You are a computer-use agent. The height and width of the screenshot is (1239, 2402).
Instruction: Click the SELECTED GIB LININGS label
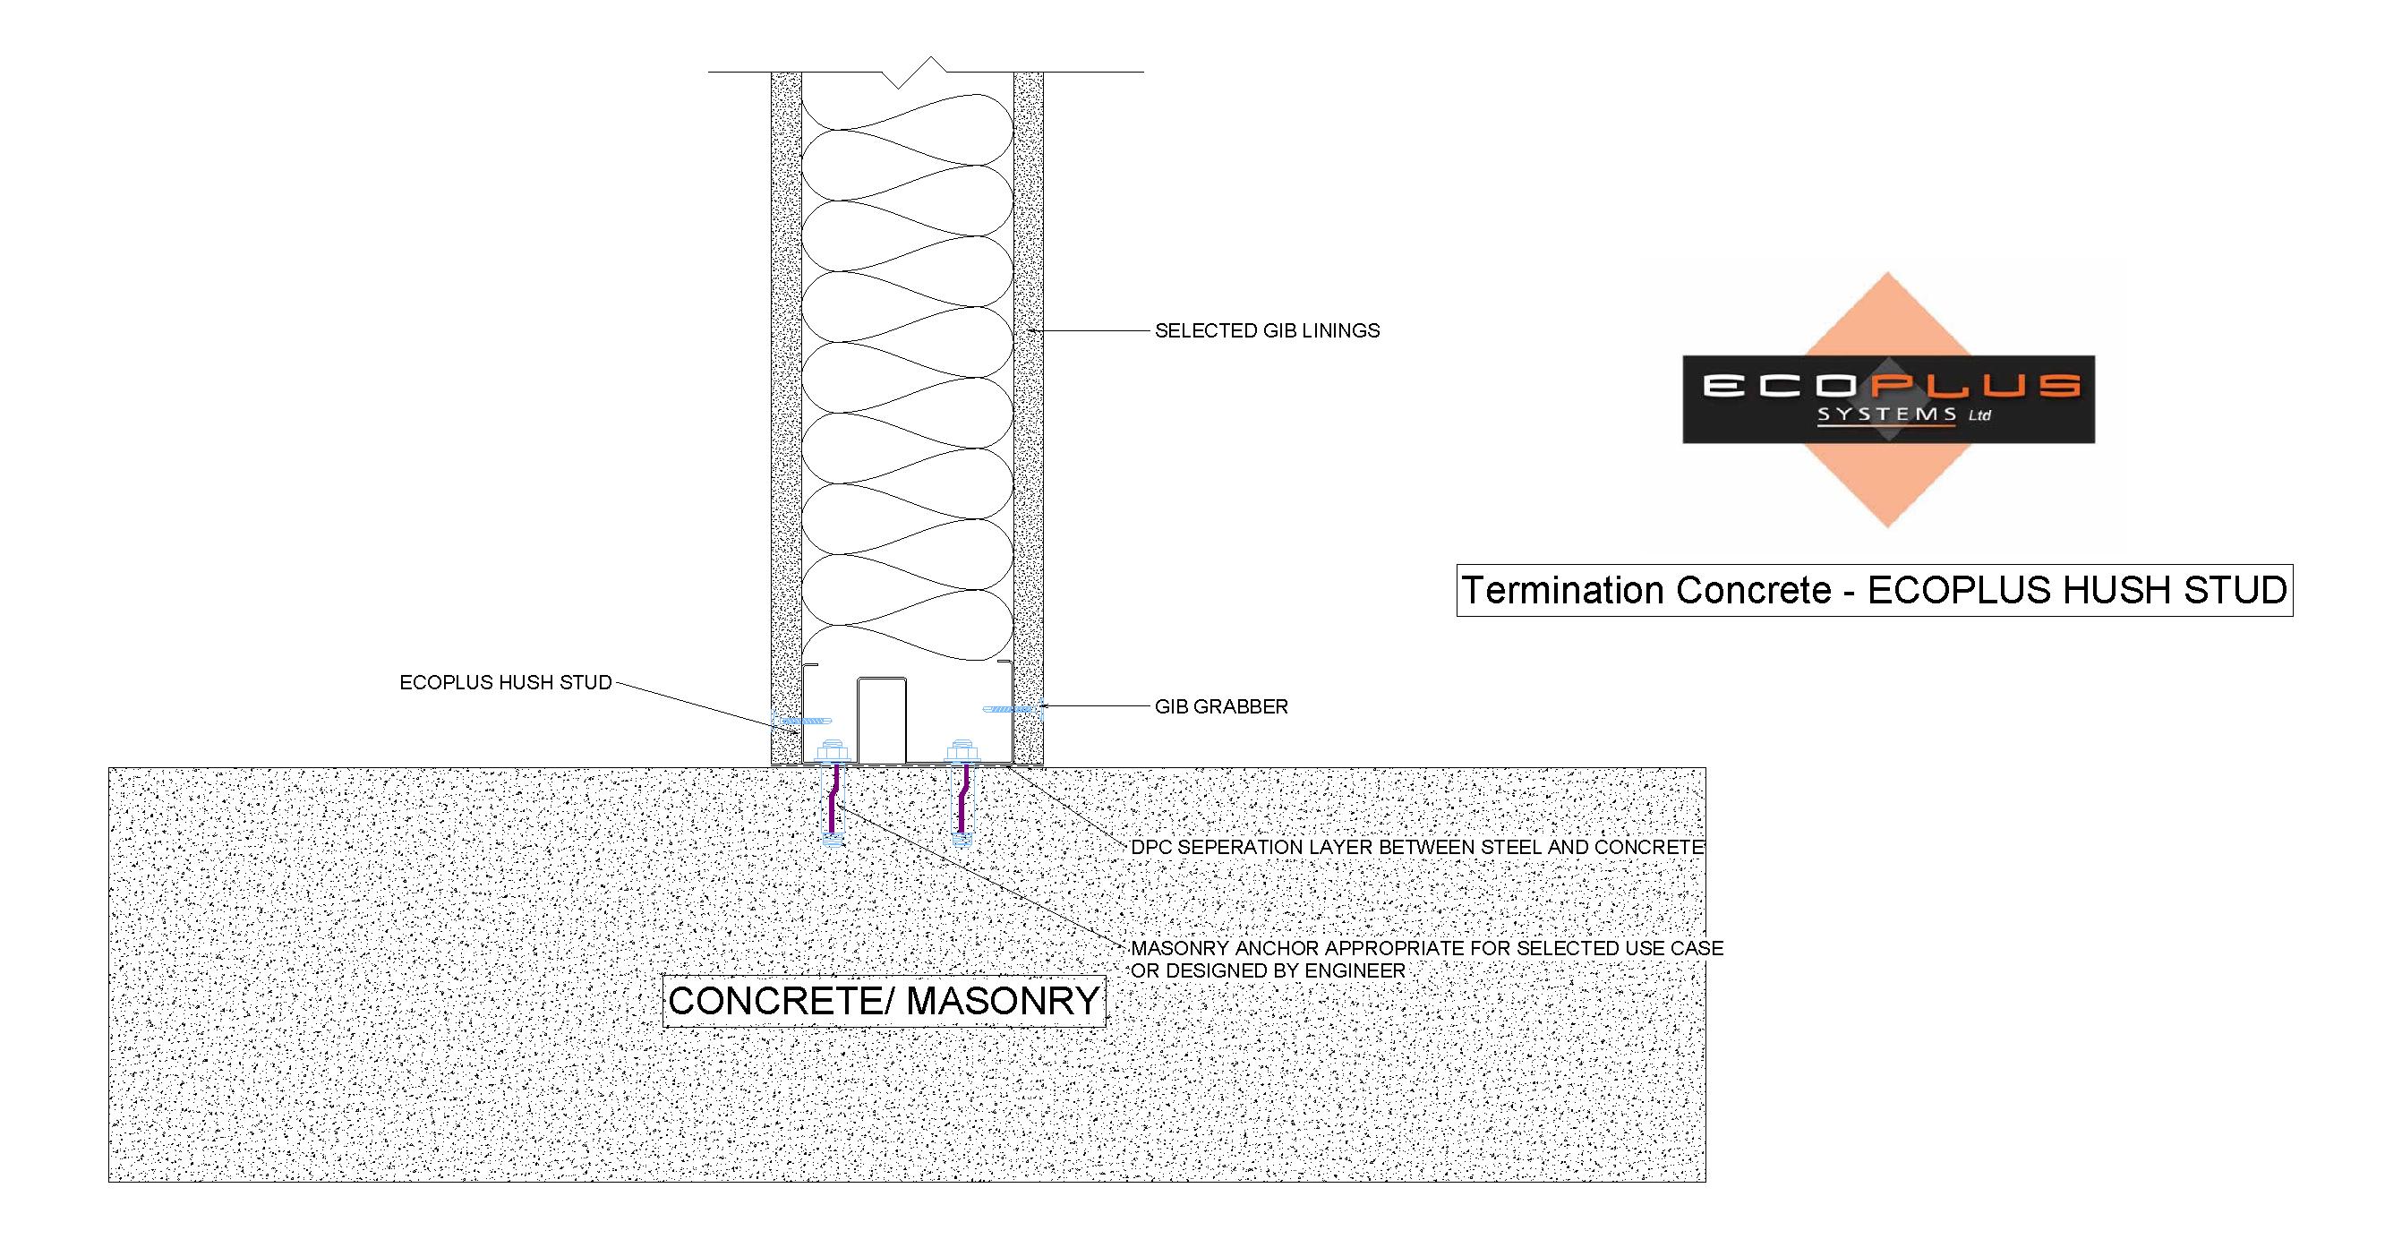click(x=1267, y=331)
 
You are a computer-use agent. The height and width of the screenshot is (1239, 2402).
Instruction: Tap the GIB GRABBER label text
click(x=1221, y=706)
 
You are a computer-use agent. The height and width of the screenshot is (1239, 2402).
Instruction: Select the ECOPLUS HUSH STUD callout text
click(x=506, y=682)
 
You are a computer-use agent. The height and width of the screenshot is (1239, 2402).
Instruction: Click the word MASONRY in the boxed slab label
click(x=1004, y=1001)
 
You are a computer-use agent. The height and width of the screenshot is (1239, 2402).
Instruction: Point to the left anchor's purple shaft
click(x=833, y=798)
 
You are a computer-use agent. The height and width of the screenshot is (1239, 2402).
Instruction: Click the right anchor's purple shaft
click(x=962, y=798)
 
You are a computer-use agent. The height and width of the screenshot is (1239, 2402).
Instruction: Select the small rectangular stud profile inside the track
click(x=881, y=720)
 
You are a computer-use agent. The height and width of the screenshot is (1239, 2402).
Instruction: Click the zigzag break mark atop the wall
click(x=914, y=73)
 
